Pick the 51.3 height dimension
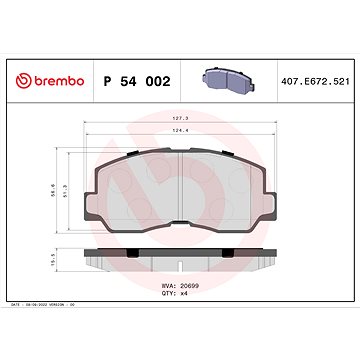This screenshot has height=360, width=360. [40, 186]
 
